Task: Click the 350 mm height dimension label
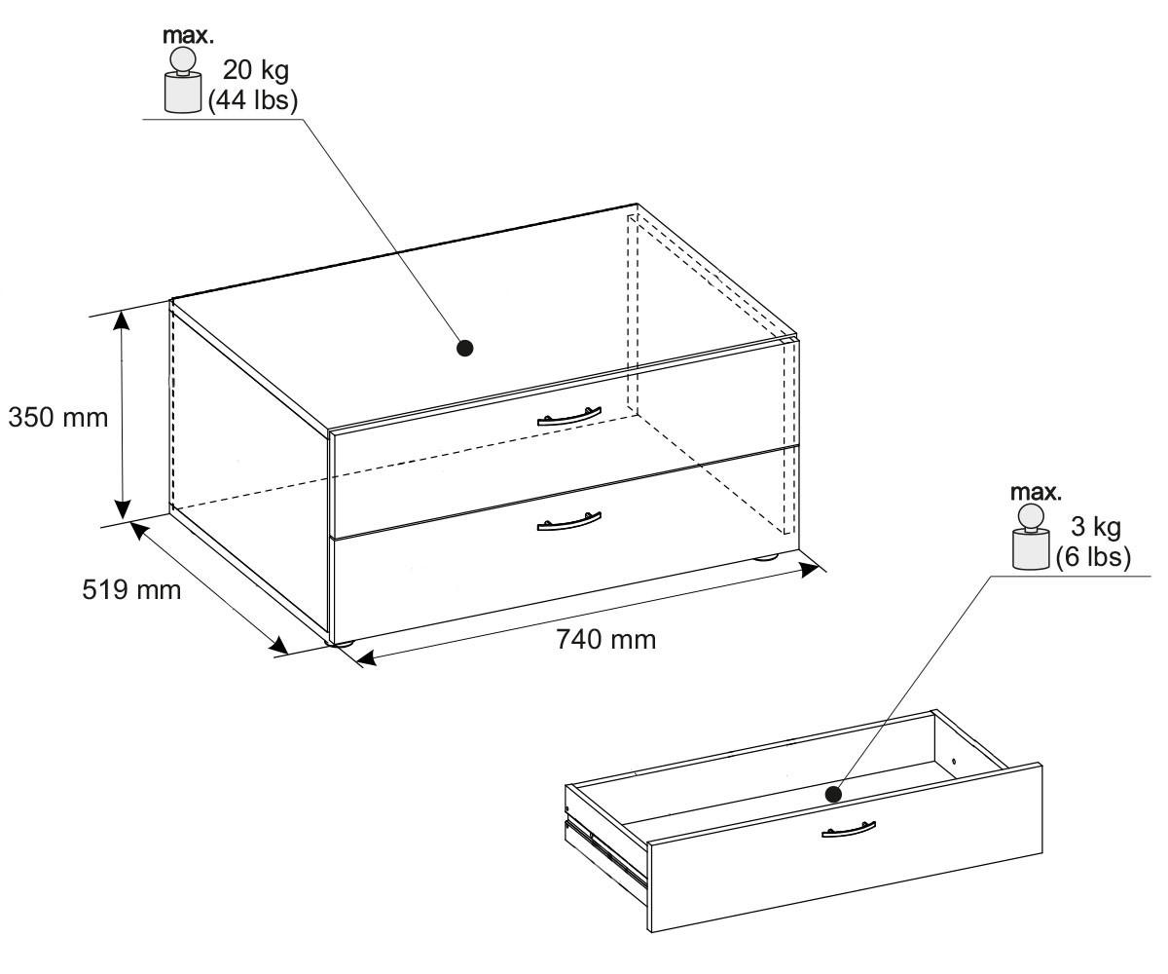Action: pyautogui.click(x=58, y=418)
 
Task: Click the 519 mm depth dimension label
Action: pyautogui.click(x=131, y=590)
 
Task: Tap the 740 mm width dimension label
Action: pyautogui.click(x=605, y=639)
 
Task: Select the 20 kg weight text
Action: pyautogui.click(x=256, y=71)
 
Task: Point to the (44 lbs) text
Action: pyautogui.click(x=252, y=101)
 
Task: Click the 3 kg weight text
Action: pyautogui.click(x=1096, y=527)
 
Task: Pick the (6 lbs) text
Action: pyautogui.click(x=1093, y=557)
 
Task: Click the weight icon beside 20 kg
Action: pyautogui.click(x=182, y=80)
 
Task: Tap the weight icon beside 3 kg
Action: pyautogui.click(x=1031, y=537)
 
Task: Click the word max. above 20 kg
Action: pyautogui.click(x=188, y=36)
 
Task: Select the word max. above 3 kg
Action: pyautogui.click(x=1036, y=493)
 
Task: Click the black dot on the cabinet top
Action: pyautogui.click(x=465, y=348)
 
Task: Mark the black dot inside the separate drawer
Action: pyautogui.click(x=833, y=794)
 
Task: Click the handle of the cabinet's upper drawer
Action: pyautogui.click(x=568, y=417)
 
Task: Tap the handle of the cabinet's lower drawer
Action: pyautogui.click(x=568, y=521)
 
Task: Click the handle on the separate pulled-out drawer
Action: pyautogui.click(x=849, y=829)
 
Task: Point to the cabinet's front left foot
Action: pyautogui.click(x=341, y=644)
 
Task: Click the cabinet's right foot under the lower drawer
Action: pyautogui.click(x=767, y=557)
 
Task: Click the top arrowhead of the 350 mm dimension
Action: pyautogui.click(x=122, y=322)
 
